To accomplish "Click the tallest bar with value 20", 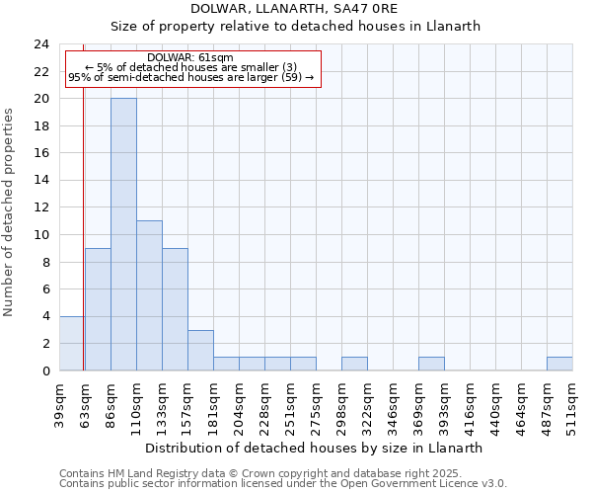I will pyautogui.click(x=123, y=234).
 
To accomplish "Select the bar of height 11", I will pyautogui.click(x=149, y=295).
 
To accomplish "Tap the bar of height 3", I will pyautogui.click(x=200, y=350).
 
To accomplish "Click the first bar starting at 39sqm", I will pyautogui.click(x=71, y=343).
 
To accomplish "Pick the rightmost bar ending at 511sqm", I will pyautogui.click(x=559, y=364).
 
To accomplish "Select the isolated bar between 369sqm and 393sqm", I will pyautogui.click(x=431, y=364).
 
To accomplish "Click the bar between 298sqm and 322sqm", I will pyautogui.click(x=354, y=364).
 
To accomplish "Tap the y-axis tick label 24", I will pyautogui.click(x=40, y=44).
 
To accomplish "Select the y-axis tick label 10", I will pyautogui.click(x=40, y=235).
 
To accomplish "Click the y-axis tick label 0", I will pyautogui.click(x=44, y=370).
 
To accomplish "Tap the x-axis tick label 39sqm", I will pyautogui.click(x=59, y=401).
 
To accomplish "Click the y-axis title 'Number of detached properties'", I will pyautogui.click(x=9, y=212).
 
